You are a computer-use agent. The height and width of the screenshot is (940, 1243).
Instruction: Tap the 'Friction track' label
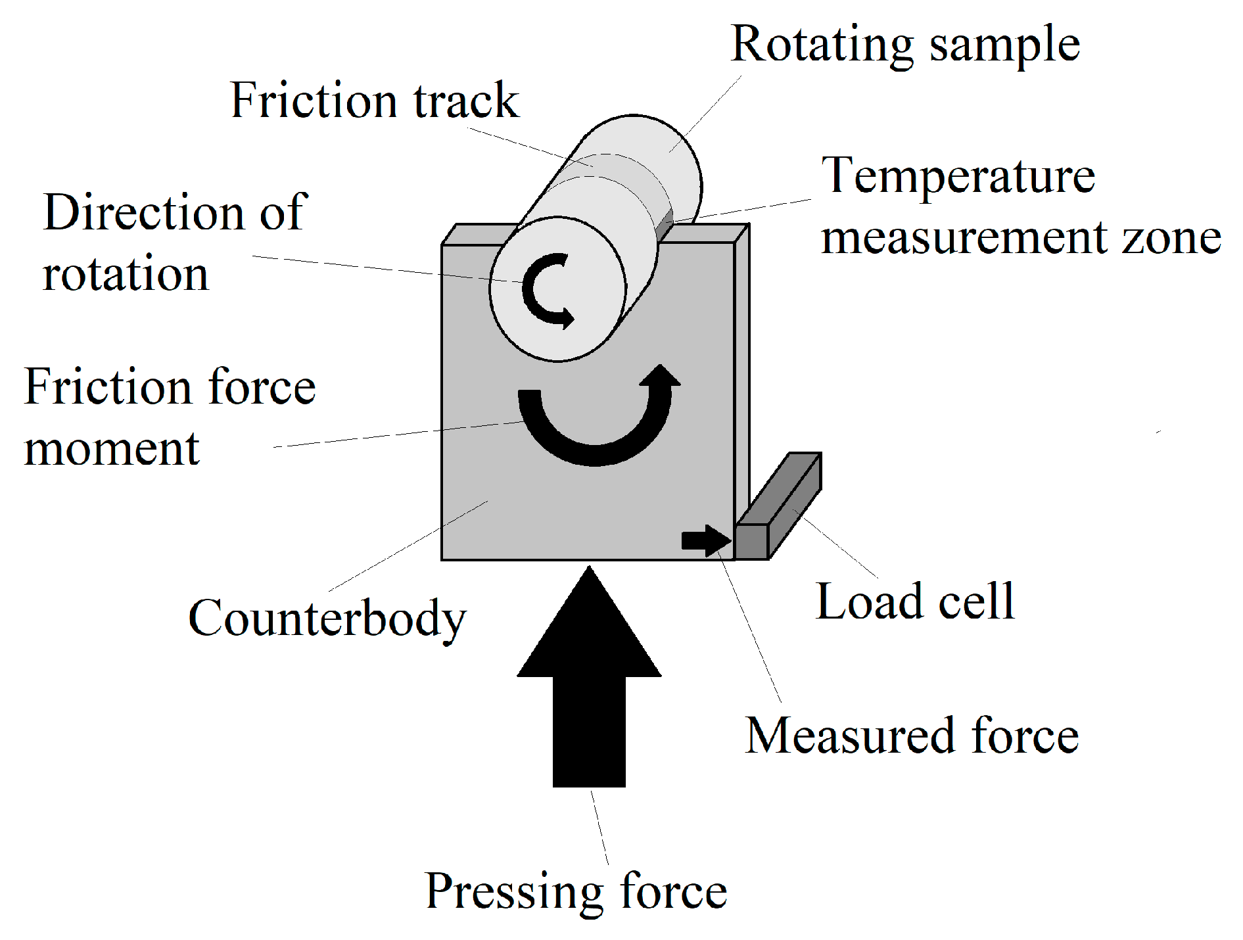click(375, 101)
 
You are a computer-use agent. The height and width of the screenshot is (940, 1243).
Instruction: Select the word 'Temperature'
click(958, 176)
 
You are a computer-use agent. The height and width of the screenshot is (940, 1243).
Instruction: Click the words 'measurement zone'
click(1021, 237)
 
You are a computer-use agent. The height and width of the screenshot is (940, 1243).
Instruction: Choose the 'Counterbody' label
click(327, 619)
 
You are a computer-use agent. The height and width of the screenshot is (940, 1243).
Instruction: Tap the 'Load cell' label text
click(914, 601)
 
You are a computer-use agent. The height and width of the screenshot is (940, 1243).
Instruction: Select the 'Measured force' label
click(911, 736)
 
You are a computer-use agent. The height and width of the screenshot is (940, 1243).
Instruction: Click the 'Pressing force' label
click(576, 891)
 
